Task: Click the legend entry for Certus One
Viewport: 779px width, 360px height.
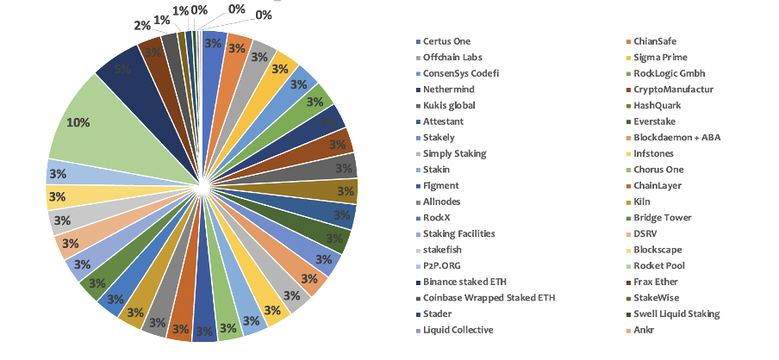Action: pos(447,41)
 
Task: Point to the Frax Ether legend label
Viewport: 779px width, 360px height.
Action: pos(655,282)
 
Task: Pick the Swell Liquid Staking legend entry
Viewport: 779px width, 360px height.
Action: pos(676,313)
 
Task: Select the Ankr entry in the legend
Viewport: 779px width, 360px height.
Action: pos(644,330)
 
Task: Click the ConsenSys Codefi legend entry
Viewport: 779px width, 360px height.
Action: pos(460,73)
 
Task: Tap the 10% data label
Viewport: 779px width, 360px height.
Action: pos(78,123)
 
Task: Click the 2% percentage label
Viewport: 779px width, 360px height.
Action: pos(141,25)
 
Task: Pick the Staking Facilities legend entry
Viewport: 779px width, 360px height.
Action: pos(459,233)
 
